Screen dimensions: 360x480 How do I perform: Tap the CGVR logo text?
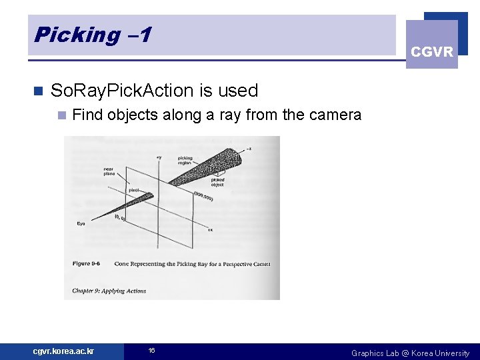(x=432, y=52)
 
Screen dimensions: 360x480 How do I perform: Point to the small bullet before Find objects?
(x=61, y=115)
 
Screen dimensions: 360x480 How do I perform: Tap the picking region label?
(x=185, y=161)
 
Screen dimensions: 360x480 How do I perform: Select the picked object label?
(x=218, y=182)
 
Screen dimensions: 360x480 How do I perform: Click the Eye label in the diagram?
(x=81, y=223)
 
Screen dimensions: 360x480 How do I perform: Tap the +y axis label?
(x=159, y=157)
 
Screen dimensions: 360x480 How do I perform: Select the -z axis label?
(x=249, y=147)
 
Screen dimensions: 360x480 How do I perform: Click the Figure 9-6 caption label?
(x=89, y=264)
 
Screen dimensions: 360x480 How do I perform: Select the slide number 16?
(x=151, y=351)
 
